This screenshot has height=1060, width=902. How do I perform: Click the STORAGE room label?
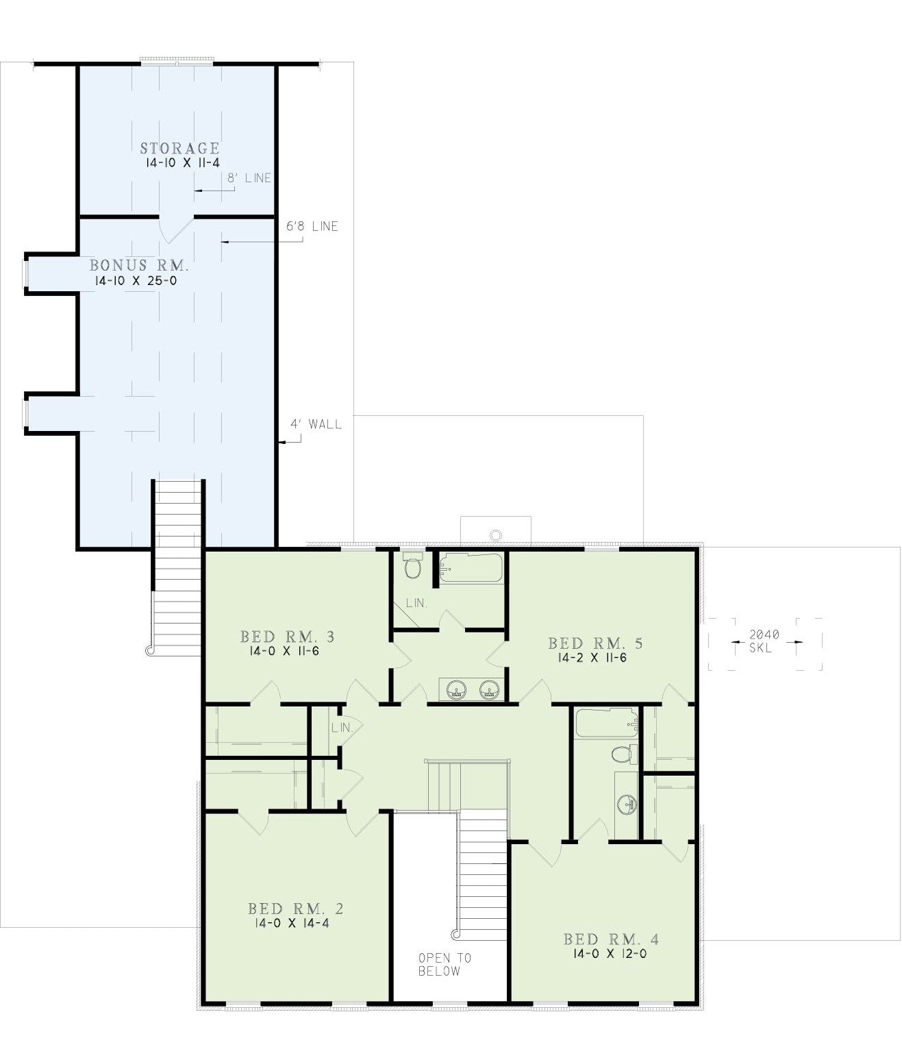180,149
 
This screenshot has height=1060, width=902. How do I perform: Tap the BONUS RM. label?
140,266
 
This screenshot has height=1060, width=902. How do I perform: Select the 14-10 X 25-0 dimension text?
136,281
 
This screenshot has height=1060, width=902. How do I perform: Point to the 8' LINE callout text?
249,178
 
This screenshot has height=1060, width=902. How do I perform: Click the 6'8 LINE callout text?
312,227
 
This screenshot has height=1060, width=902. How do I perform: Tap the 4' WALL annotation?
316,424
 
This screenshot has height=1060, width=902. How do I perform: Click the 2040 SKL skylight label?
764,641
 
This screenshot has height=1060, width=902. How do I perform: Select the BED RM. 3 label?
288,637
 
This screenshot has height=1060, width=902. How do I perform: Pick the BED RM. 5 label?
595,643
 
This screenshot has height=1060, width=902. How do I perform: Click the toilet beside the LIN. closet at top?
412,565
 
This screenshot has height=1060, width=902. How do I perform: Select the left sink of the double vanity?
456,690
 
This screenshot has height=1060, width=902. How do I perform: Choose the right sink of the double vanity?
490,690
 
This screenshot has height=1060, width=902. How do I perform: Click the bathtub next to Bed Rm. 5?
471,567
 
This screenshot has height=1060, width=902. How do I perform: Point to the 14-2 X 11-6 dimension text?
592,658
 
